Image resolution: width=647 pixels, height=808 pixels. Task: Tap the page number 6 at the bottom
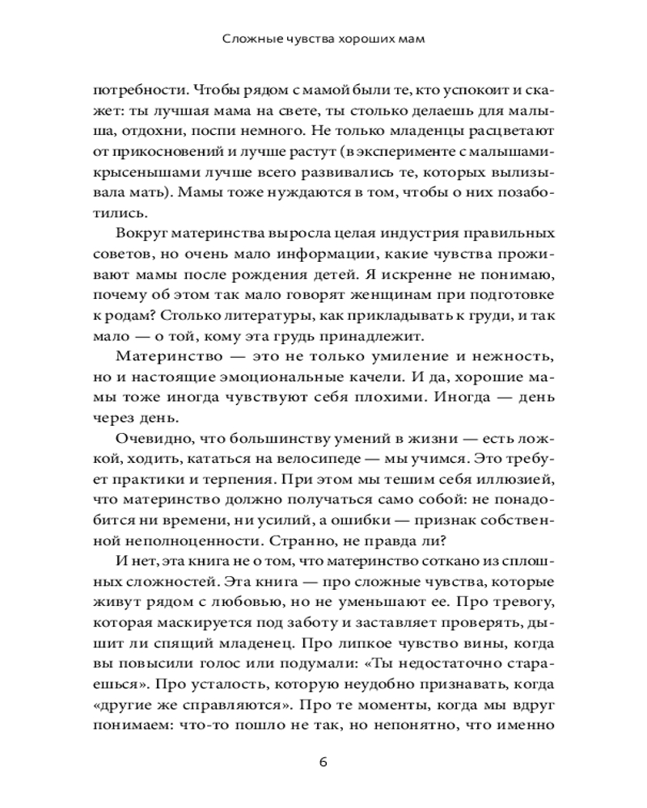(323, 762)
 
